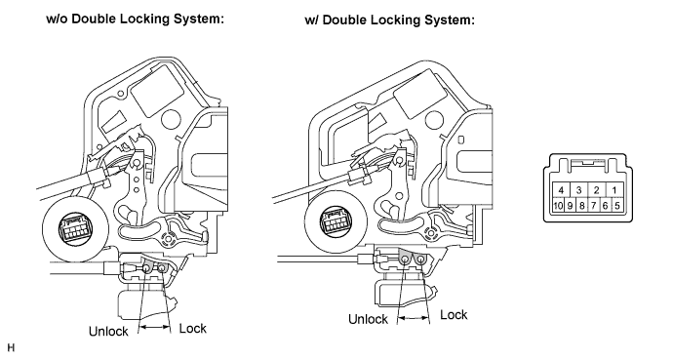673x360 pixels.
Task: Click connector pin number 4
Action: [561, 190]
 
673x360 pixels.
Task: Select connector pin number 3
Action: [578, 190]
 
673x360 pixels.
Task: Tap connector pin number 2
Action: [596, 190]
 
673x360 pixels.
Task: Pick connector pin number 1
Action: [614, 190]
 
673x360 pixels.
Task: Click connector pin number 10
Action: [558, 206]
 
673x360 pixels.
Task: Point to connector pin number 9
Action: [570, 206]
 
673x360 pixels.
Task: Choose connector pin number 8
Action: [581, 206]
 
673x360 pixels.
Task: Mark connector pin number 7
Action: [593, 206]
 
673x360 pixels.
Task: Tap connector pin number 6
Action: [605, 206]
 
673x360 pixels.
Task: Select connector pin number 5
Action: [616, 206]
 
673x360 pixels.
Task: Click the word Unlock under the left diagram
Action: [108, 332]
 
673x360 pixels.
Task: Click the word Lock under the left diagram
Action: [193, 329]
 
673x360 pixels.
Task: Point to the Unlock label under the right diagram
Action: [368, 319]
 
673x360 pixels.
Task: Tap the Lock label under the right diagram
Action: [454, 315]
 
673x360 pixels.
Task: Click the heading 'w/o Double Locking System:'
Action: [136, 20]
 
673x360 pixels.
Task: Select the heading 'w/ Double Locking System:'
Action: [390, 20]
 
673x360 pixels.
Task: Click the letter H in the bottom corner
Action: [11, 347]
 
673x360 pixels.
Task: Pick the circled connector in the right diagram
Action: [336, 222]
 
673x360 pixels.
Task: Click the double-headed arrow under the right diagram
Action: [413, 318]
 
